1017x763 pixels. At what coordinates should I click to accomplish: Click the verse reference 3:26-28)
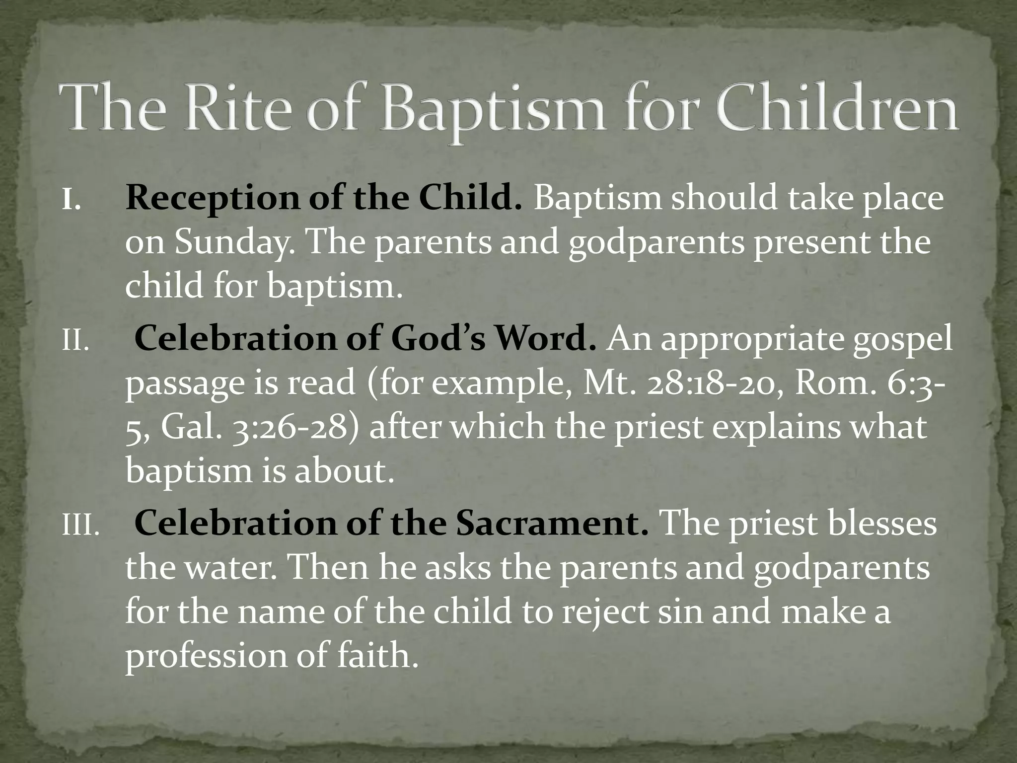295,427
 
